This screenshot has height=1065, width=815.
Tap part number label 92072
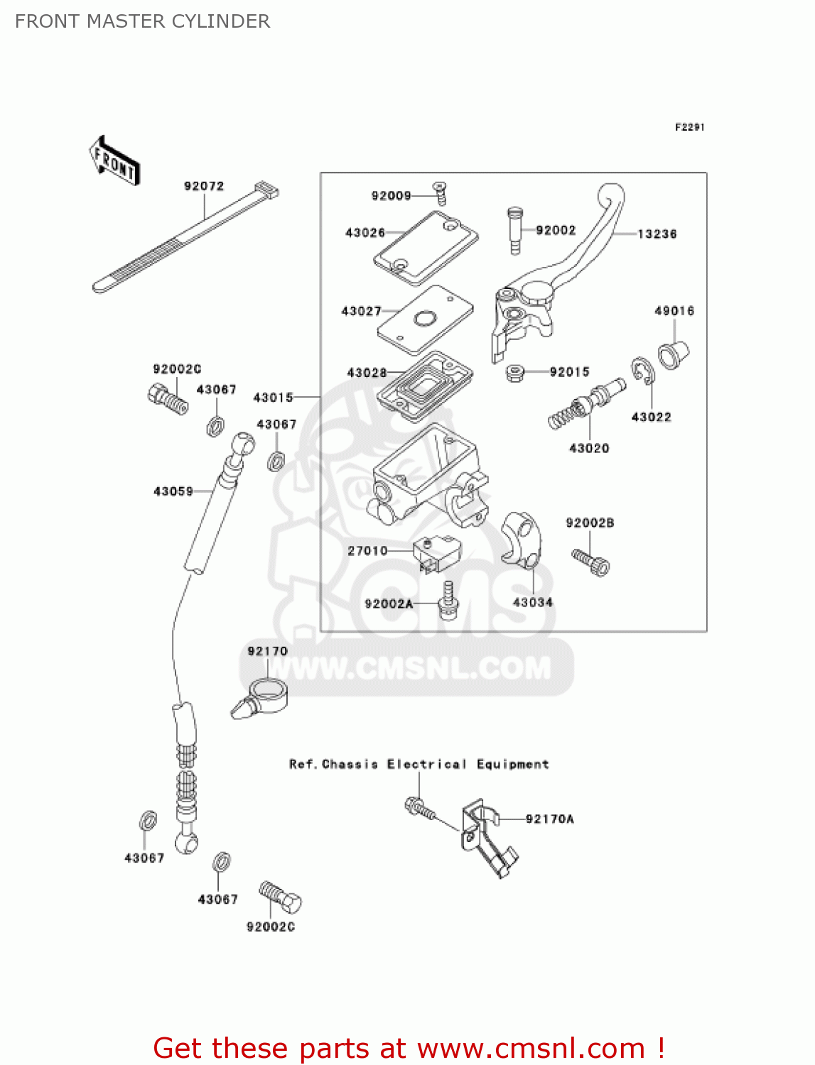click(204, 186)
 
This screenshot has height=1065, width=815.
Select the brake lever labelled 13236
click(568, 262)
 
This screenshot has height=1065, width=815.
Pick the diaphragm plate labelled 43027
click(425, 319)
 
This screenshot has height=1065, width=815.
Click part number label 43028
click(367, 373)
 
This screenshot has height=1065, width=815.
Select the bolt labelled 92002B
click(591, 562)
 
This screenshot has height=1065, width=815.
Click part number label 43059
click(173, 491)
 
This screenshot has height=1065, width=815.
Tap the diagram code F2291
click(689, 127)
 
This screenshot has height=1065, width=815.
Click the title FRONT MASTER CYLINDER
click(142, 21)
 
